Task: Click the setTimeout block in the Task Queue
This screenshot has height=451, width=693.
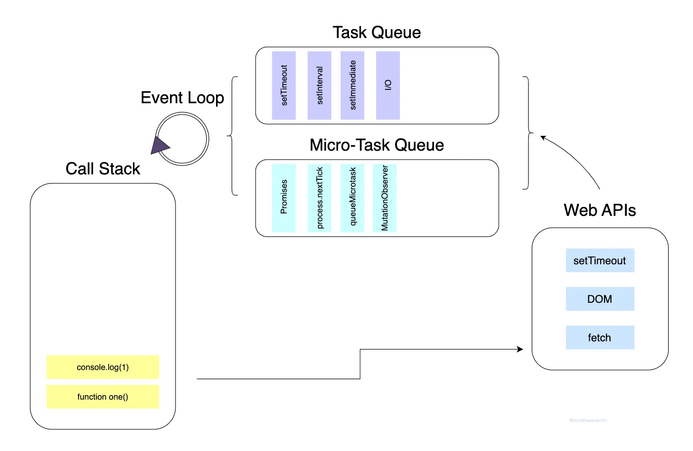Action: (x=284, y=85)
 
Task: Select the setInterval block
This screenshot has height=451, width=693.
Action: (x=319, y=85)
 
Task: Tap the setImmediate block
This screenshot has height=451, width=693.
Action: (x=352, y=85)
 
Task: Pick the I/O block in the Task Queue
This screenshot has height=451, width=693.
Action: (x=388, y=85)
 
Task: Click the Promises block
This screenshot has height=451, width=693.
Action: (x=284, y=198)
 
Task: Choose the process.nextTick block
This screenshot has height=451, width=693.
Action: (x=319, y=198)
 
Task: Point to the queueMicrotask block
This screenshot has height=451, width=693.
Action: (x=352, y=198)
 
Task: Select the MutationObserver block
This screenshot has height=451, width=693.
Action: (x=385, y=198)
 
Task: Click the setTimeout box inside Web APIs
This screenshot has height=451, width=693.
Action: (x=600, y=260)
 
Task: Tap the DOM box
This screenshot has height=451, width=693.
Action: (x=600, y=299)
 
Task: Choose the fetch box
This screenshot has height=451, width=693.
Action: (x=600, y=337)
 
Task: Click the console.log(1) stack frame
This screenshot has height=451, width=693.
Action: (x=103, y=367)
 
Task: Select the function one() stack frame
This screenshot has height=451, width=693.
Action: (x=103, y=397)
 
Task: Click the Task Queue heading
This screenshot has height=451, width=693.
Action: (x=377, y=33)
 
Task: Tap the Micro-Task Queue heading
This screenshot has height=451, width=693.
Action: (x=377, y=145)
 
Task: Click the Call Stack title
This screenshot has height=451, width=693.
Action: (x=103, y=169)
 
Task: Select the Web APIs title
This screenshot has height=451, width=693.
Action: (x=600, y=210)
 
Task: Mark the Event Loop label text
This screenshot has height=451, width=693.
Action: (x=182, y=98)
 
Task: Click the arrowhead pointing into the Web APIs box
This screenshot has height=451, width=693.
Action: (x=520, y=349)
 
